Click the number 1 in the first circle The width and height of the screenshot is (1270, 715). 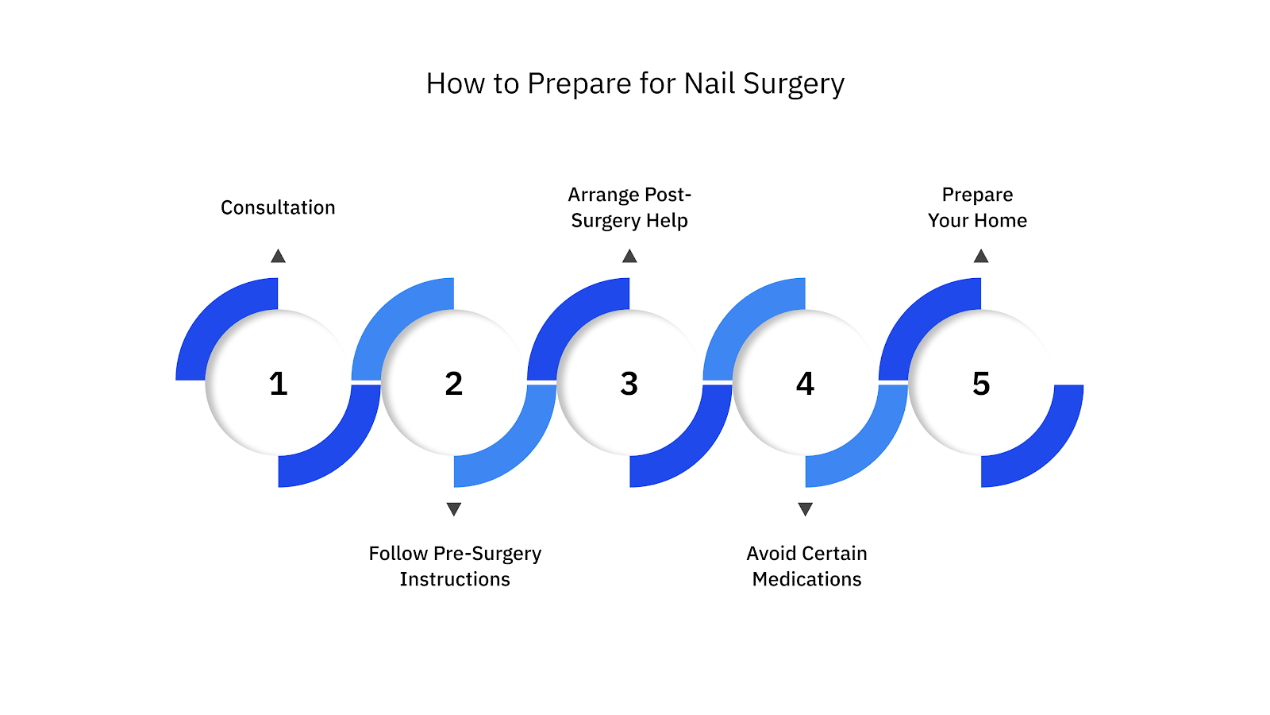pyautogui.click(x=278, y=384)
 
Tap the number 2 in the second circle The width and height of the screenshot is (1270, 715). pyautogui.click(x=453, y=384)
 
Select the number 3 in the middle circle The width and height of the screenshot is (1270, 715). pyautogui.click(x=629, y=384)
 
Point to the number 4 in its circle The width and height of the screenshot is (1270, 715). pyautogui.click(x=805, y=384)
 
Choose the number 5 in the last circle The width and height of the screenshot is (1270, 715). pyautogui.click(x=981, y=384)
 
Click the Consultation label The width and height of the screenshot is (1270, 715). pyautogui.click(x=278, y=207)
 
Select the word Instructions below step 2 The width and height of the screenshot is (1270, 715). pyautogui.click(x=455, y=579)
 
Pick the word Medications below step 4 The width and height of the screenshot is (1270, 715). pyautogui.click(x=806, y=579)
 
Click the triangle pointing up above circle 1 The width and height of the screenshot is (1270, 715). pyautogui.click(x=278, y=257)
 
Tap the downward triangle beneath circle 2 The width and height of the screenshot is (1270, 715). pyautogui.click(x=454, y=508)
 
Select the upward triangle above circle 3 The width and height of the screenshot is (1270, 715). pyautogui.click(x=629, y=257)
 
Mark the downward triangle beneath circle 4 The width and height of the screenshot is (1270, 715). pyautogui.click(x=805, y=508)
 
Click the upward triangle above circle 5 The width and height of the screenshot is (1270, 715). pyautogui.click(x=981, y=257)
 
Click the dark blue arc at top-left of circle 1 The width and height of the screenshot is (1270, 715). pyautogui.click(x=214, y=318)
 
